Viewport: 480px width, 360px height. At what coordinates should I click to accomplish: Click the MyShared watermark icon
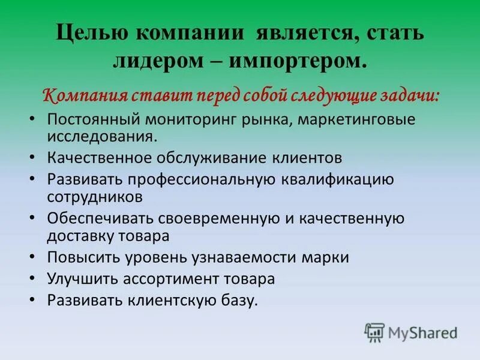375,331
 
